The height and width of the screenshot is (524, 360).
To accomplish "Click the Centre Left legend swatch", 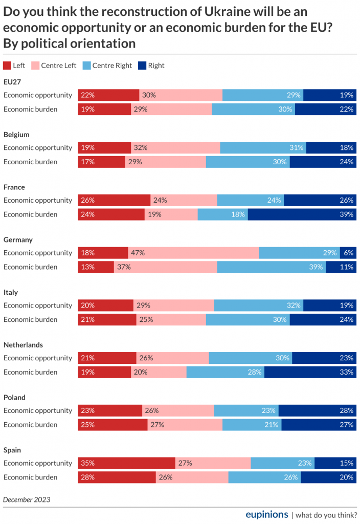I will pyautogui.click(x=35, y=65).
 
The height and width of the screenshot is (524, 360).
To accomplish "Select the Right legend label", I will pyautogui.click(x=156, y=65).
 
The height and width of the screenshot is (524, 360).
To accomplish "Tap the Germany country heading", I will pyautogui.click(x=18, y=239).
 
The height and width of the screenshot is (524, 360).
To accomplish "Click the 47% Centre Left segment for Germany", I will pyautogui.click(x=193, y=253).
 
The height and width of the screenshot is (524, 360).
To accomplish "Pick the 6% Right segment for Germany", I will pyautogui.click(x=348, y=253).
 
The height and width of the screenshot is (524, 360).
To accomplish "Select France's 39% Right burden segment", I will pyautogui.click(x=301, y=214).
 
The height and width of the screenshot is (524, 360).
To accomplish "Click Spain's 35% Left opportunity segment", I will pyautogui.click(x=126, y=463).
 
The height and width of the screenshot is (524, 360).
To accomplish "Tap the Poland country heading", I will pyautogui.click(x=14, y=397).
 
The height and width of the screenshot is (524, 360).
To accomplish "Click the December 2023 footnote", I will pyautogui.click(x=27, y=499).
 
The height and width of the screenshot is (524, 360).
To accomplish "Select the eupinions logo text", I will pyautogui.click(x=267, y=514).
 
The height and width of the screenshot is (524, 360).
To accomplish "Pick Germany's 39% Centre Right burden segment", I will pyautogui.click(x=272, y=267).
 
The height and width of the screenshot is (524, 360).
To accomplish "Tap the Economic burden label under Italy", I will pyautogui.click(x=31, y=319).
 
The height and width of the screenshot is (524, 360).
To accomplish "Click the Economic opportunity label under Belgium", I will pyautogui.click(x=38, y=147).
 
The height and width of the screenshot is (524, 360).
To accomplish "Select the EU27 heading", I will pyautogui.click(x=12, y=82).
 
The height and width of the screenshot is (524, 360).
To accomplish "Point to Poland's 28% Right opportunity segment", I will pyautogui.click(x=317, y=410).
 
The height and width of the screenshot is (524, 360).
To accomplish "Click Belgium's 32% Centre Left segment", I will pyautogui.click(x=175, y=147).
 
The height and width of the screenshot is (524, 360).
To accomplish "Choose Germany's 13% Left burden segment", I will pyautogui.click(x=96, y=267).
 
